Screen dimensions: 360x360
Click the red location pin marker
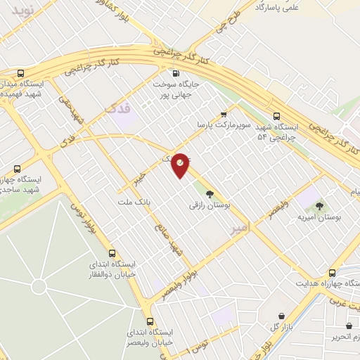[x=181, y=165]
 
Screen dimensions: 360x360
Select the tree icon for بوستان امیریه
[x=319, y=206]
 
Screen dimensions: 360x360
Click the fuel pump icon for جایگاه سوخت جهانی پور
[x=176, y=72]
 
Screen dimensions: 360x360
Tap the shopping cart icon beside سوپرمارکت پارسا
[x=224, y=113]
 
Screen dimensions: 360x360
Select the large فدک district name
[x=118, y=108]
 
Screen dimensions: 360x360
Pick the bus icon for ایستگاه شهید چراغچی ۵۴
[x=276, y=116]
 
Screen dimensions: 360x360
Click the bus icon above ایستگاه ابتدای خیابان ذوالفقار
[x=112, y=253]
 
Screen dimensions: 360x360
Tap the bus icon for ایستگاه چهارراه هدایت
[x=332, y=273]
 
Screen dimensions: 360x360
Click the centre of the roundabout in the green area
[x=39, y=286]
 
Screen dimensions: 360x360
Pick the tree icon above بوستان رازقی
[x=209, y=193]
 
